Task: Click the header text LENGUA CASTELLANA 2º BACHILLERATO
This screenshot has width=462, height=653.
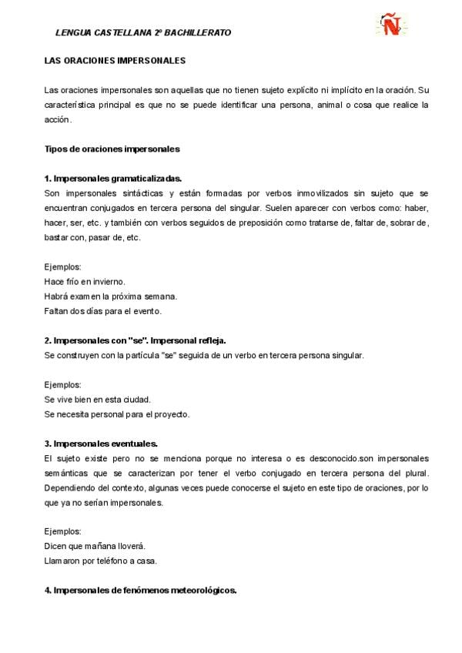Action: tap(143, 33)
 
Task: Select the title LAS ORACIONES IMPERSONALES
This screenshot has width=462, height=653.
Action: tap(115, 59)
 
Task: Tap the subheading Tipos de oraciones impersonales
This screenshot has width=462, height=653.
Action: tap(112, 149)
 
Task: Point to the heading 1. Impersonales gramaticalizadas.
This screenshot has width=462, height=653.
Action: tap(113, 178)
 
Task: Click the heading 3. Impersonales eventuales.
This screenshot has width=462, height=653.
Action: tap(101, 444)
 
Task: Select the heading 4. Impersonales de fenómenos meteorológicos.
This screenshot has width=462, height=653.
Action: tap(141, 591)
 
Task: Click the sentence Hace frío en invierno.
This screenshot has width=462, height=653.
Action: tap(85, 282)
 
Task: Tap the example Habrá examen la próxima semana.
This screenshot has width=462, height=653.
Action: tap(111, 296)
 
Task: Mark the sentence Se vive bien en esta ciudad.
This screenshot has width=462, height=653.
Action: tap(98, 399)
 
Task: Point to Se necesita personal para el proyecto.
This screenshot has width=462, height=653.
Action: tap(117, 414)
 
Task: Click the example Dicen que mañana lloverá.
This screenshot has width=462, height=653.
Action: tap(95, 546)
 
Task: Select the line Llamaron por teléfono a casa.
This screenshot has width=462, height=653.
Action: tap(101, 561)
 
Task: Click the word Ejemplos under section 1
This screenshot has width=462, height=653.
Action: tap(63, 267)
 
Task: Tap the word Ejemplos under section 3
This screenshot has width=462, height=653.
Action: tap(63, 531)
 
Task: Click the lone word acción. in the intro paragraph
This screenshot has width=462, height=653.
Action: tap(59, 119)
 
